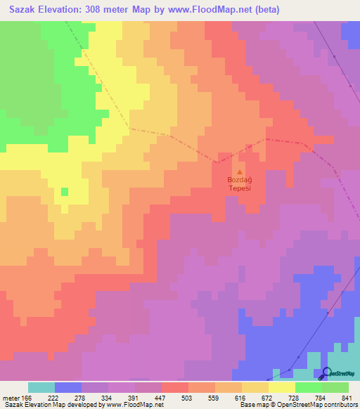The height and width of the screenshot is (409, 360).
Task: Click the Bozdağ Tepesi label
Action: click(x=239, y=184)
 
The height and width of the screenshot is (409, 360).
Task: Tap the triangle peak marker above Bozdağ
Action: click(x=240, y=171)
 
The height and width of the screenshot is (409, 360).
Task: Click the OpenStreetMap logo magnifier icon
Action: click(x=327, y=374)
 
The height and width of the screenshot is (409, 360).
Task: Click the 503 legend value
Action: click(x=189, y=397)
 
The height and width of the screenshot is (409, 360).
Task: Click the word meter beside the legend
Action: click(x=12, y=397)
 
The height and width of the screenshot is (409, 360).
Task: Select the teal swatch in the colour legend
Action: click(x=41, y=387)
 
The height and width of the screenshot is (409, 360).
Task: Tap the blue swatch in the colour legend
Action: click(x=68, y=387)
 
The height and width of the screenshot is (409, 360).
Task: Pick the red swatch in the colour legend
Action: click(x=174, y=387)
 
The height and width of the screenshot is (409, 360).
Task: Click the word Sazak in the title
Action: click(x=21, y=10)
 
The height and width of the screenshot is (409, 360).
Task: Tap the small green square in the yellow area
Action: click(x=65, y=192)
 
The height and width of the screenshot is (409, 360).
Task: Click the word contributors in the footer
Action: click(x=340, y=404)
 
